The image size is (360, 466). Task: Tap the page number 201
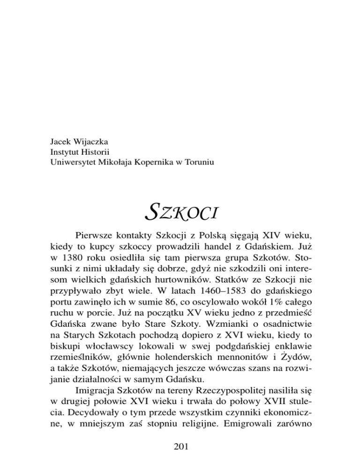[180, 447]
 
